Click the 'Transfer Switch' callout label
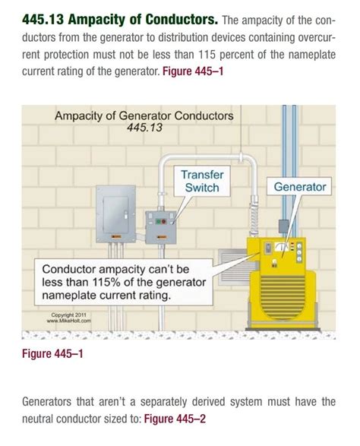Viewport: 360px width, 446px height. click(201, 182)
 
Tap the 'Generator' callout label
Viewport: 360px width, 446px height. click(299, 187)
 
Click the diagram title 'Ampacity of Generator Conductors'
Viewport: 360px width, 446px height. click(144, 116)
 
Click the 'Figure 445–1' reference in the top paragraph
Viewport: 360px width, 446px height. click(194, 75)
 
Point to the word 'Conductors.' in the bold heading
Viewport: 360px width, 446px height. click(183, 18)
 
